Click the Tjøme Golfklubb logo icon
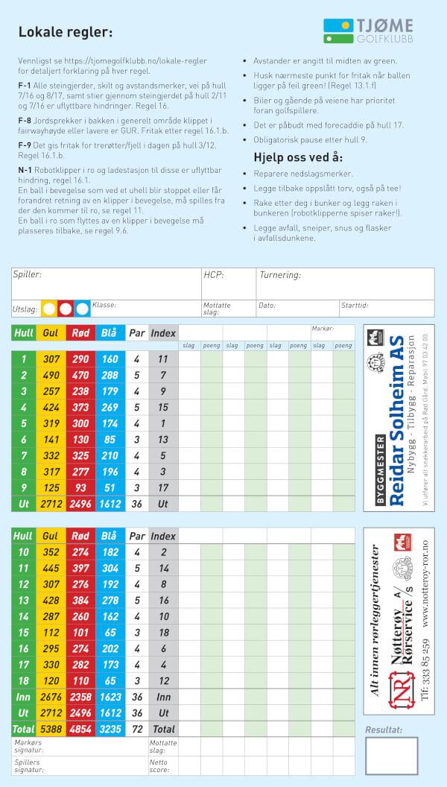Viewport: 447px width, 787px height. click(338, 31)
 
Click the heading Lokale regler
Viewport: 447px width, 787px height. click(66, 32)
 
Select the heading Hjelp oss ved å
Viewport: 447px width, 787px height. click(298, 157)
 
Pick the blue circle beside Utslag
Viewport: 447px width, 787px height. click(82, 307)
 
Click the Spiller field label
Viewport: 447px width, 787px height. click(28, 275)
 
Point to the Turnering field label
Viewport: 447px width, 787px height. click(280, 275)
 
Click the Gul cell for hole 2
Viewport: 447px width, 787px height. click(51, 375)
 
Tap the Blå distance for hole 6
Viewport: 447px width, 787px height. click(110, 440)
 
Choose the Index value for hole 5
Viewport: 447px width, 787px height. click(163, 423)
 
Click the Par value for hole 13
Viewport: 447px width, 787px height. click(136, 601)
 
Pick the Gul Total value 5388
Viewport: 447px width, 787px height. click(51, 729)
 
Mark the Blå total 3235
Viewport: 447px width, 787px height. click(110, 729)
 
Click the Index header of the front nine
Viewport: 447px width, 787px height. click(163, 333)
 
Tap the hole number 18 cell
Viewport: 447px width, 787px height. click(23, 681)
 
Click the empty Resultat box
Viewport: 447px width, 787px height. click(391, 759)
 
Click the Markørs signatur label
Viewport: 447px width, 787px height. click(29, 746)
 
